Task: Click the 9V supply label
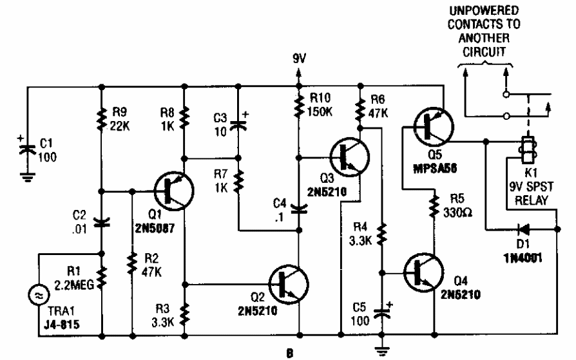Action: click(x=299, y=59)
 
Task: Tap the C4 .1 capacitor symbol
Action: click(x=298, y=207)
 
